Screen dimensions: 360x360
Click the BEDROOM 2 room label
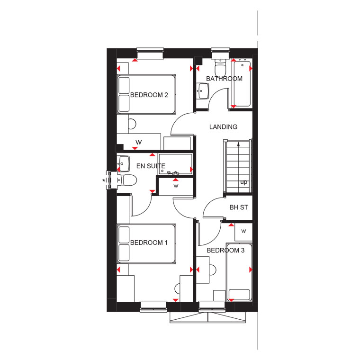tap(149, 95)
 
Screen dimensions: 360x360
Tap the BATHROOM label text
tap(224, 79)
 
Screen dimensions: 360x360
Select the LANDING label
tap(223, 127)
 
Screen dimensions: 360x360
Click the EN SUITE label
tap(151, 166)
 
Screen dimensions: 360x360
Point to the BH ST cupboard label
tap(239, 207)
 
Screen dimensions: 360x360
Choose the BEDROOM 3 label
tap(225, 250)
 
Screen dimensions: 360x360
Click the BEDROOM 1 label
tap(149, 243)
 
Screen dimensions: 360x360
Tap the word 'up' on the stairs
tap(243, 182)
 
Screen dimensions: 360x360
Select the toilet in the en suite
tap(127, 180)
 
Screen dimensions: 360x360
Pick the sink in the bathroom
tap(203, 91)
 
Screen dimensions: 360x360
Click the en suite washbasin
tap(123, 164)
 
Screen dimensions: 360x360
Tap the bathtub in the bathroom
tap(242, 84)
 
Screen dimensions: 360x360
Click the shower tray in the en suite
tap(175, 164)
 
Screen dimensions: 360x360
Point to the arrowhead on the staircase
tap(239, 144)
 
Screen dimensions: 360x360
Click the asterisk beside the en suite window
tap(104, 180)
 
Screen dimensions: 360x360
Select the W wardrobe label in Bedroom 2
tap(138, 143)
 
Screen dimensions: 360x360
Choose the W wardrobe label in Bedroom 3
tap(243, 231)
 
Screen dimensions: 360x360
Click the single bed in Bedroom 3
tap(239, 272)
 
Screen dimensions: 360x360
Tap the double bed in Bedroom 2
tap(146, 94)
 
